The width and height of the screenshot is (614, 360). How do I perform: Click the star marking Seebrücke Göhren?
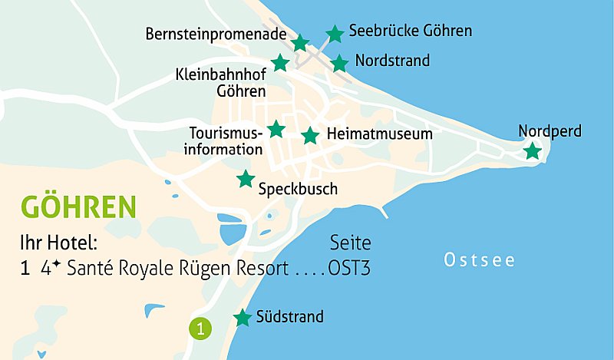point(335,33)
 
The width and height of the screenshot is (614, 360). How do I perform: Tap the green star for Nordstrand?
point(339,63)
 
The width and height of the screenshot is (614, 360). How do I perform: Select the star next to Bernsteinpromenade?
point(300,43)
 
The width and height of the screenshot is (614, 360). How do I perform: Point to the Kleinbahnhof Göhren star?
point(280,63)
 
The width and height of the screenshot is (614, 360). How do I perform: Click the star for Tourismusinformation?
point(276,129)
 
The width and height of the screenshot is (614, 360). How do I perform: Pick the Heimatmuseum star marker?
point(310,136)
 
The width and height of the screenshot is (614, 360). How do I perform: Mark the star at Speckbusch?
point(246,179)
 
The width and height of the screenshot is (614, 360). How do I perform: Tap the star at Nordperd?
point(532,151)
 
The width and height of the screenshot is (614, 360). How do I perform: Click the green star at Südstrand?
point(243,317)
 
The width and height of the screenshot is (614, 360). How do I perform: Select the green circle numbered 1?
point(200,329)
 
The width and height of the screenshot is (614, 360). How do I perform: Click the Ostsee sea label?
point(480,260)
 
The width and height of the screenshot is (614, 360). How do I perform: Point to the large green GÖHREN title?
point(79,207)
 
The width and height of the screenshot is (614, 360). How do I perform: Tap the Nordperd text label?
point(550,131)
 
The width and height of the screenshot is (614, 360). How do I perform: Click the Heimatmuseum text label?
point(380,134)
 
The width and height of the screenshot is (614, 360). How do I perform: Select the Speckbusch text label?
point(298,188)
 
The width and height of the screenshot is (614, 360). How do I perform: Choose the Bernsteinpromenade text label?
point(216,35)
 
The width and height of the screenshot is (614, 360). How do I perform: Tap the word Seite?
point(350,243)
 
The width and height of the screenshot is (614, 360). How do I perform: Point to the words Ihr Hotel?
point(59,243)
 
